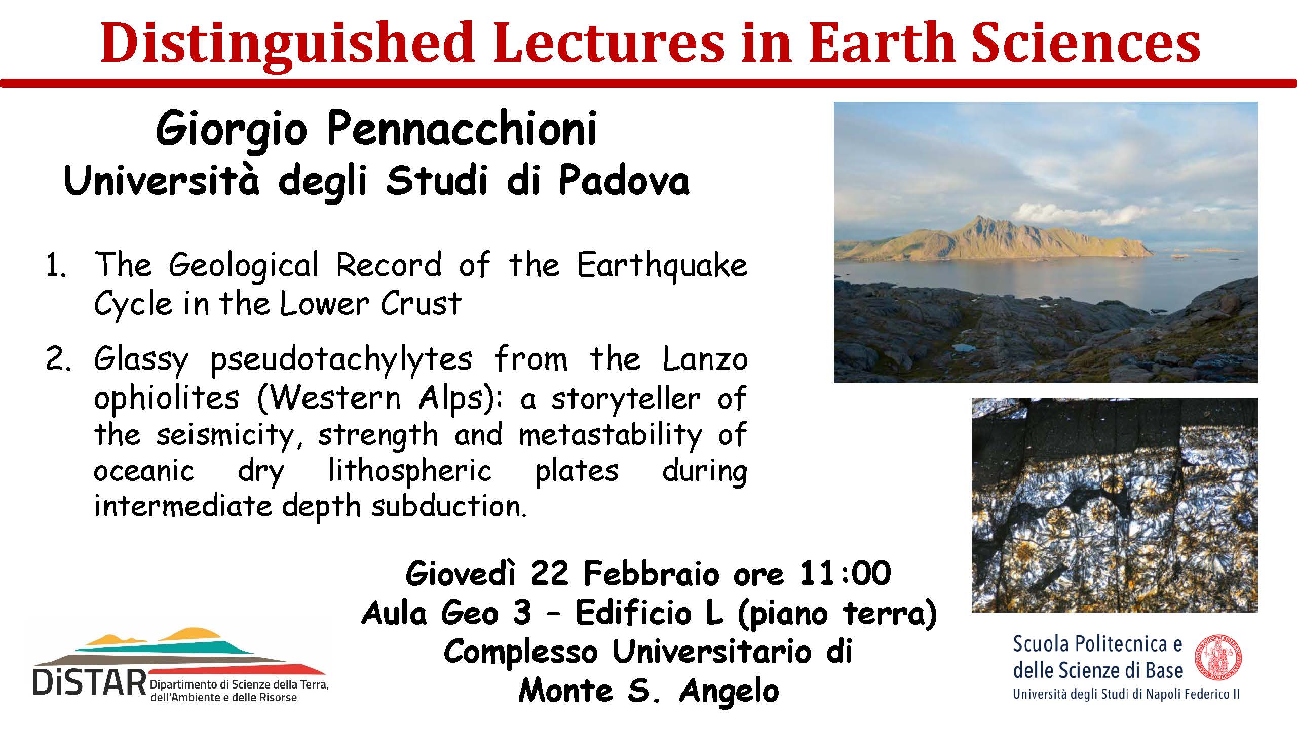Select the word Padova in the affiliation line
(624, 181)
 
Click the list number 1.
(55, 267)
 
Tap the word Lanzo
(705, 359)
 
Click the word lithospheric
(410, 472)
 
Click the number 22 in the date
(549, 574)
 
